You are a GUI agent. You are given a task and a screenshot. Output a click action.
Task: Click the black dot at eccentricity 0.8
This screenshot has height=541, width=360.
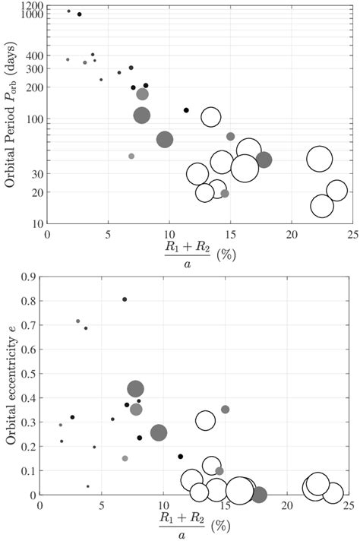(x=125, y=299)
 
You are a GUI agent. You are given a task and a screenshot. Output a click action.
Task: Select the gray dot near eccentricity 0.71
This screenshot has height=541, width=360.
(x=77, y=321)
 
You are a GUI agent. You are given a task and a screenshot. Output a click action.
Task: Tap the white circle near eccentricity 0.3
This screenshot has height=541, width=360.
(x=205, y=420)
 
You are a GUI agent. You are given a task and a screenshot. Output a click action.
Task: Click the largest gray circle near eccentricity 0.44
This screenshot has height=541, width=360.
(x=135, y=389)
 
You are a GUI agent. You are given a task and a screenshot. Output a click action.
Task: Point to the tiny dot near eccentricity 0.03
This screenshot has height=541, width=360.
(x=87, y=486)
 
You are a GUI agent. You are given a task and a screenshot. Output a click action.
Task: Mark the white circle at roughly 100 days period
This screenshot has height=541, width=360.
(x=210, y=117)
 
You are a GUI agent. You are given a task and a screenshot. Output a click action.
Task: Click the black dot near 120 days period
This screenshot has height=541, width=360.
(x=186, y=110)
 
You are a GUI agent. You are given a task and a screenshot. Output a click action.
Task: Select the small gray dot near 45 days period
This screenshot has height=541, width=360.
(x=131, y=156)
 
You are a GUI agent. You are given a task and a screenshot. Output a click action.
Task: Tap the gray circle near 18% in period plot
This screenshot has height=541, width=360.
(x=264, y=160)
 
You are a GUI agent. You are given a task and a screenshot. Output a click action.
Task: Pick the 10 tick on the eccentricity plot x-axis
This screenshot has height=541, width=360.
(x=163, y=505)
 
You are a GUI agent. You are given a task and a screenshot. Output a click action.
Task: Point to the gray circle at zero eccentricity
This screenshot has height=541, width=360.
(x=259, y=495)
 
